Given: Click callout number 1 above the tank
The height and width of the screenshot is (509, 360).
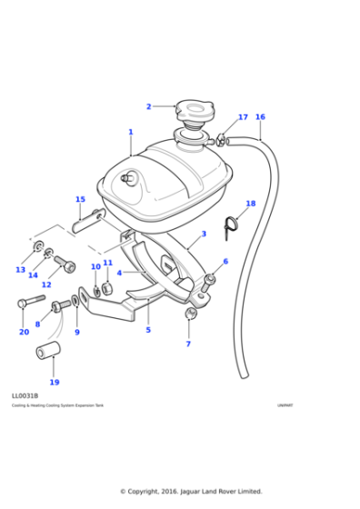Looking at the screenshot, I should (130, 133).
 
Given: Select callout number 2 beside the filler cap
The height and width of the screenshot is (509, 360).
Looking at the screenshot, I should (149, 107).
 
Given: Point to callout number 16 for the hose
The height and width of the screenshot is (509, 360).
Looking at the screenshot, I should (260, 117).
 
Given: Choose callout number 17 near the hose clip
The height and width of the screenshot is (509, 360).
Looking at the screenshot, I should (243, 117).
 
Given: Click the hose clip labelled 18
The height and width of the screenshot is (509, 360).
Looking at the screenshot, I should (231, 224).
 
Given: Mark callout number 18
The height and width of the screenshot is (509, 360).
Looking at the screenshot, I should (251, 204).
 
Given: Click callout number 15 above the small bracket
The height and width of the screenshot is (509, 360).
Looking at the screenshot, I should (80, 200).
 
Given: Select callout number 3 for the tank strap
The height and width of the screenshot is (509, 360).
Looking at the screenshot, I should (204, 234).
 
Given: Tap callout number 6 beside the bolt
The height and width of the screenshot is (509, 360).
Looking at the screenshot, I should (225, 262).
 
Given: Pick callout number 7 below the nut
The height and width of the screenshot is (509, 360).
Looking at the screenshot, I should (188, 344).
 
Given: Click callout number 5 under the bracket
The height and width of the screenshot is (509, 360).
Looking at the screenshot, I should (148, 330).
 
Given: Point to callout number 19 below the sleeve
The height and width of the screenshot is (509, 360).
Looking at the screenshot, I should (55, 382).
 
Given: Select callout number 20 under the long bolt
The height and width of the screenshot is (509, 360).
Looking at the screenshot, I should (24, 332).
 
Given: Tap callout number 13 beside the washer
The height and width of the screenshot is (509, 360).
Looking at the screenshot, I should (20, 270).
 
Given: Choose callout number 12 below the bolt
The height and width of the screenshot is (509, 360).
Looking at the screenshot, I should (46, 284).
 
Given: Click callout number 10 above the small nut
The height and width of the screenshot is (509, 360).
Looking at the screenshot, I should (95, 267).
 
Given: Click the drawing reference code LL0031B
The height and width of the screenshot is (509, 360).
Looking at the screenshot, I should (25, 396).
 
